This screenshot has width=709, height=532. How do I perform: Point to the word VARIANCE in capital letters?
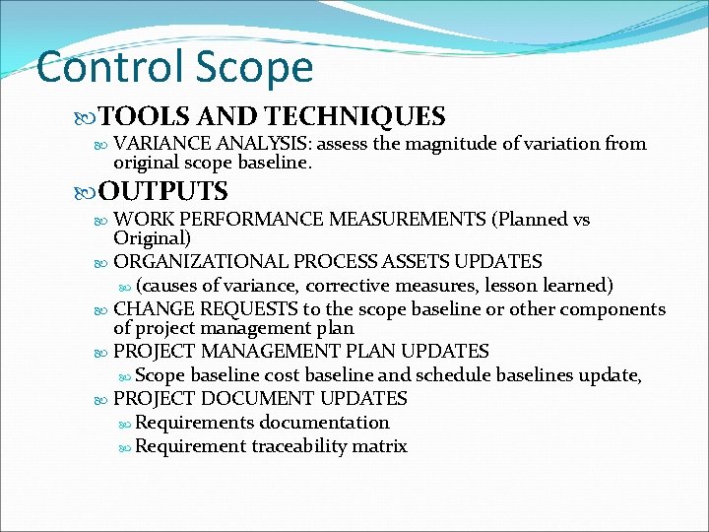154,144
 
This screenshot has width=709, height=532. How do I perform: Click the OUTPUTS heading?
163,191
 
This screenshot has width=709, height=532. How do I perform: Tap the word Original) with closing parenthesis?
152,237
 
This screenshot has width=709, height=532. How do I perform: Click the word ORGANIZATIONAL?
198,262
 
